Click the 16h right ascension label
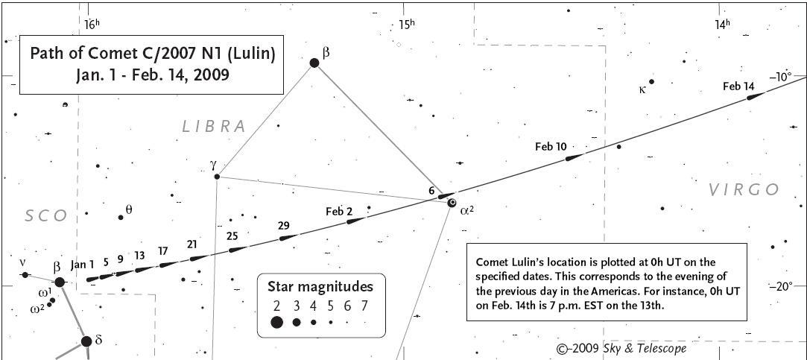[91, 24]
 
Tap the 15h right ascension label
[406, 24]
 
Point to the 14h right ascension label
[722, 24]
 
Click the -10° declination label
[780, 76]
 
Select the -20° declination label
[780, 285]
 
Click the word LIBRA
[214, 127]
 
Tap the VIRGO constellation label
[744, 190]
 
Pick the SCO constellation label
[46, 216]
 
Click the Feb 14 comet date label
[738, 86]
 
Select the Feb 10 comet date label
[551, 147]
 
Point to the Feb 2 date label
[339, 212]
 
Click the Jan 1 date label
[82, 264]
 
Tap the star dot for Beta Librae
[314, 63]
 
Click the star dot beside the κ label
[651, 82]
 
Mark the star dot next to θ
[121, 217]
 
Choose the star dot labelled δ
[86, 341]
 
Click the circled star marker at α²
[452, 203]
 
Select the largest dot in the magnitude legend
[276, 322]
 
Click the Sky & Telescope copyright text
[621, 348]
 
